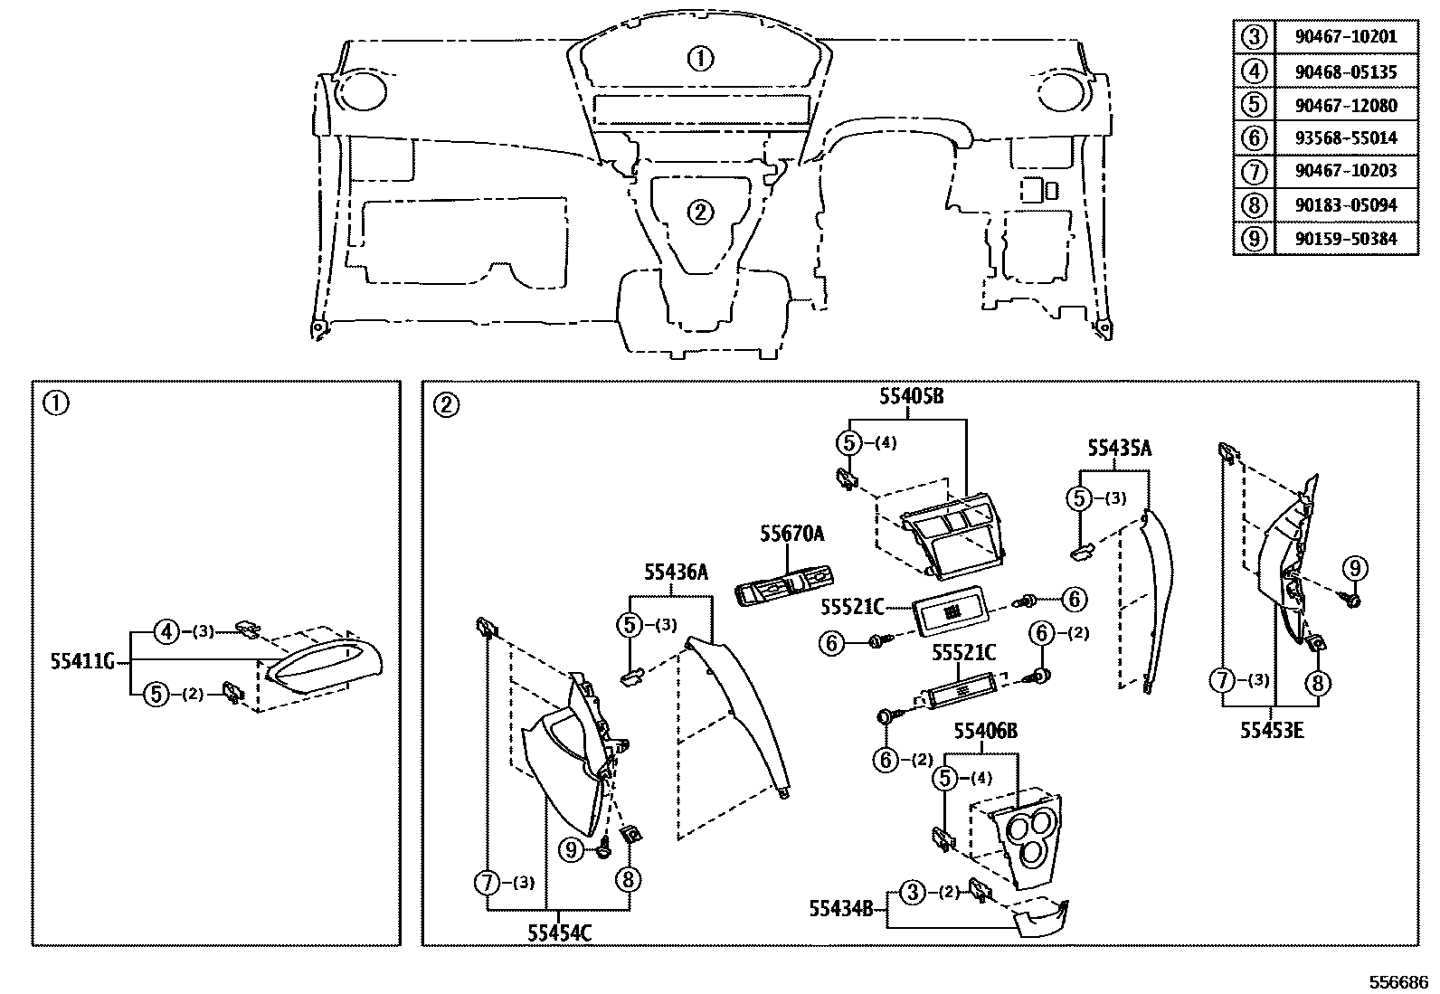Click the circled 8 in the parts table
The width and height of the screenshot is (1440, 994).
1253,205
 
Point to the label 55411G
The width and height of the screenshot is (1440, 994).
82,661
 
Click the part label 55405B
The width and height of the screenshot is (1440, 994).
911,396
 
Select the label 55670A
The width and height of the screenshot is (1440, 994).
791,535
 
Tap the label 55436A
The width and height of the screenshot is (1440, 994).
676,572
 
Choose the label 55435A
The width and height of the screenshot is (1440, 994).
1119,449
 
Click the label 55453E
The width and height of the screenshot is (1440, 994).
1272,731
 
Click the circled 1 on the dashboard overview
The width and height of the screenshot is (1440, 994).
700,60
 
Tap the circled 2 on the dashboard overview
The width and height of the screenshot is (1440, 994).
700,213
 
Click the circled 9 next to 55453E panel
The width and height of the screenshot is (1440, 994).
1354,569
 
